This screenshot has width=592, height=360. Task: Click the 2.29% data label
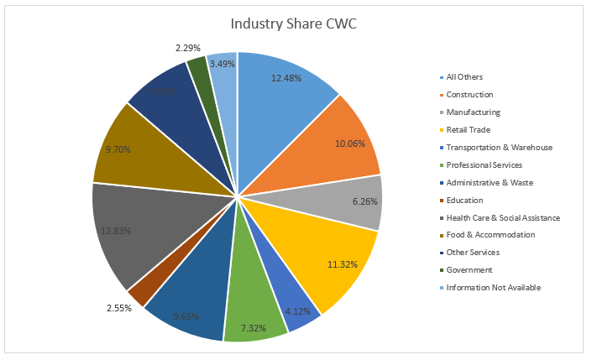point(189,48)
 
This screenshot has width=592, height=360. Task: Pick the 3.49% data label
point(223,63)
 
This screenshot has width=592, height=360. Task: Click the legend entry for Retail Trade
point(467,130)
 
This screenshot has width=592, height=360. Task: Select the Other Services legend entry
point(473,253)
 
